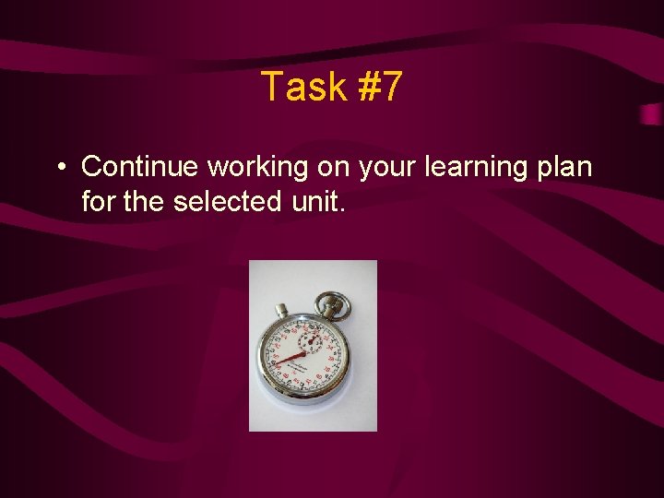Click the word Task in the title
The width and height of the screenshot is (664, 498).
click(302, 87)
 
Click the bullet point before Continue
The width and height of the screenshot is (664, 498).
click(59, 168)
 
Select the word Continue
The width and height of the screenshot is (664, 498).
click(140, 166)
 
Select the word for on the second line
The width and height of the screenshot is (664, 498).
click(99, 200)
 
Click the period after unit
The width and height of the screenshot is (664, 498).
click(342, 208)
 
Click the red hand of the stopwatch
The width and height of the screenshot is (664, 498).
click(292, 356)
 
